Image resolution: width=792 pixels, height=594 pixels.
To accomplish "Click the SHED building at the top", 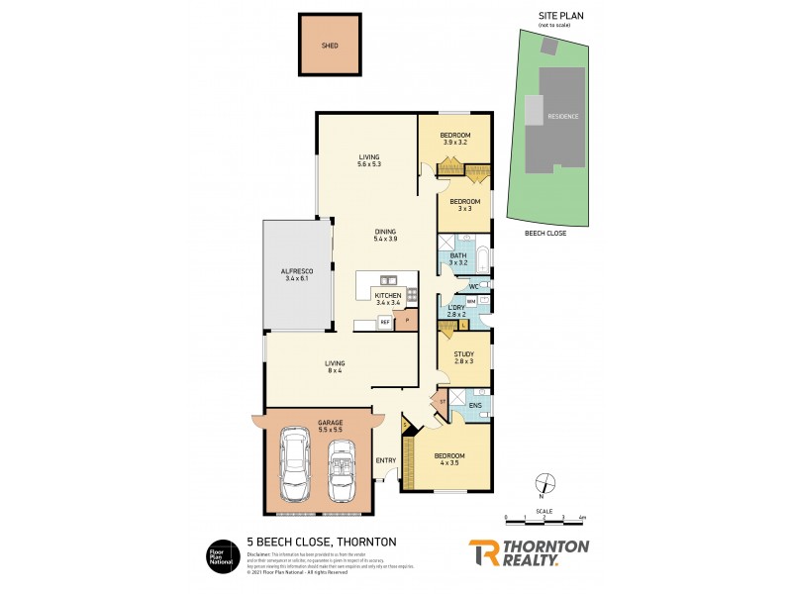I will pos(330,46).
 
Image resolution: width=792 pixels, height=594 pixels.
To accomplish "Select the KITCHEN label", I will pos(388,296).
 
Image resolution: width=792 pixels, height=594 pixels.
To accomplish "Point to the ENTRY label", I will pos(386,460).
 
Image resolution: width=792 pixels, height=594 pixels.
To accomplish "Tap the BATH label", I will pos(457,255).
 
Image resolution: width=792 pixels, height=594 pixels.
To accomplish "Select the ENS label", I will pos(474,405).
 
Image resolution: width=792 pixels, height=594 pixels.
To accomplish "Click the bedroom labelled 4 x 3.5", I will pos(449,456).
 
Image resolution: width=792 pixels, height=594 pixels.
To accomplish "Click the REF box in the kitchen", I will pos(384,323).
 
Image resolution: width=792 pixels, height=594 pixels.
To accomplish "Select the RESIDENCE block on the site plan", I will pos(562,116).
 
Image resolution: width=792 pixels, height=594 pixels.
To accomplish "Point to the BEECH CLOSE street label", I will pos(544,234).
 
